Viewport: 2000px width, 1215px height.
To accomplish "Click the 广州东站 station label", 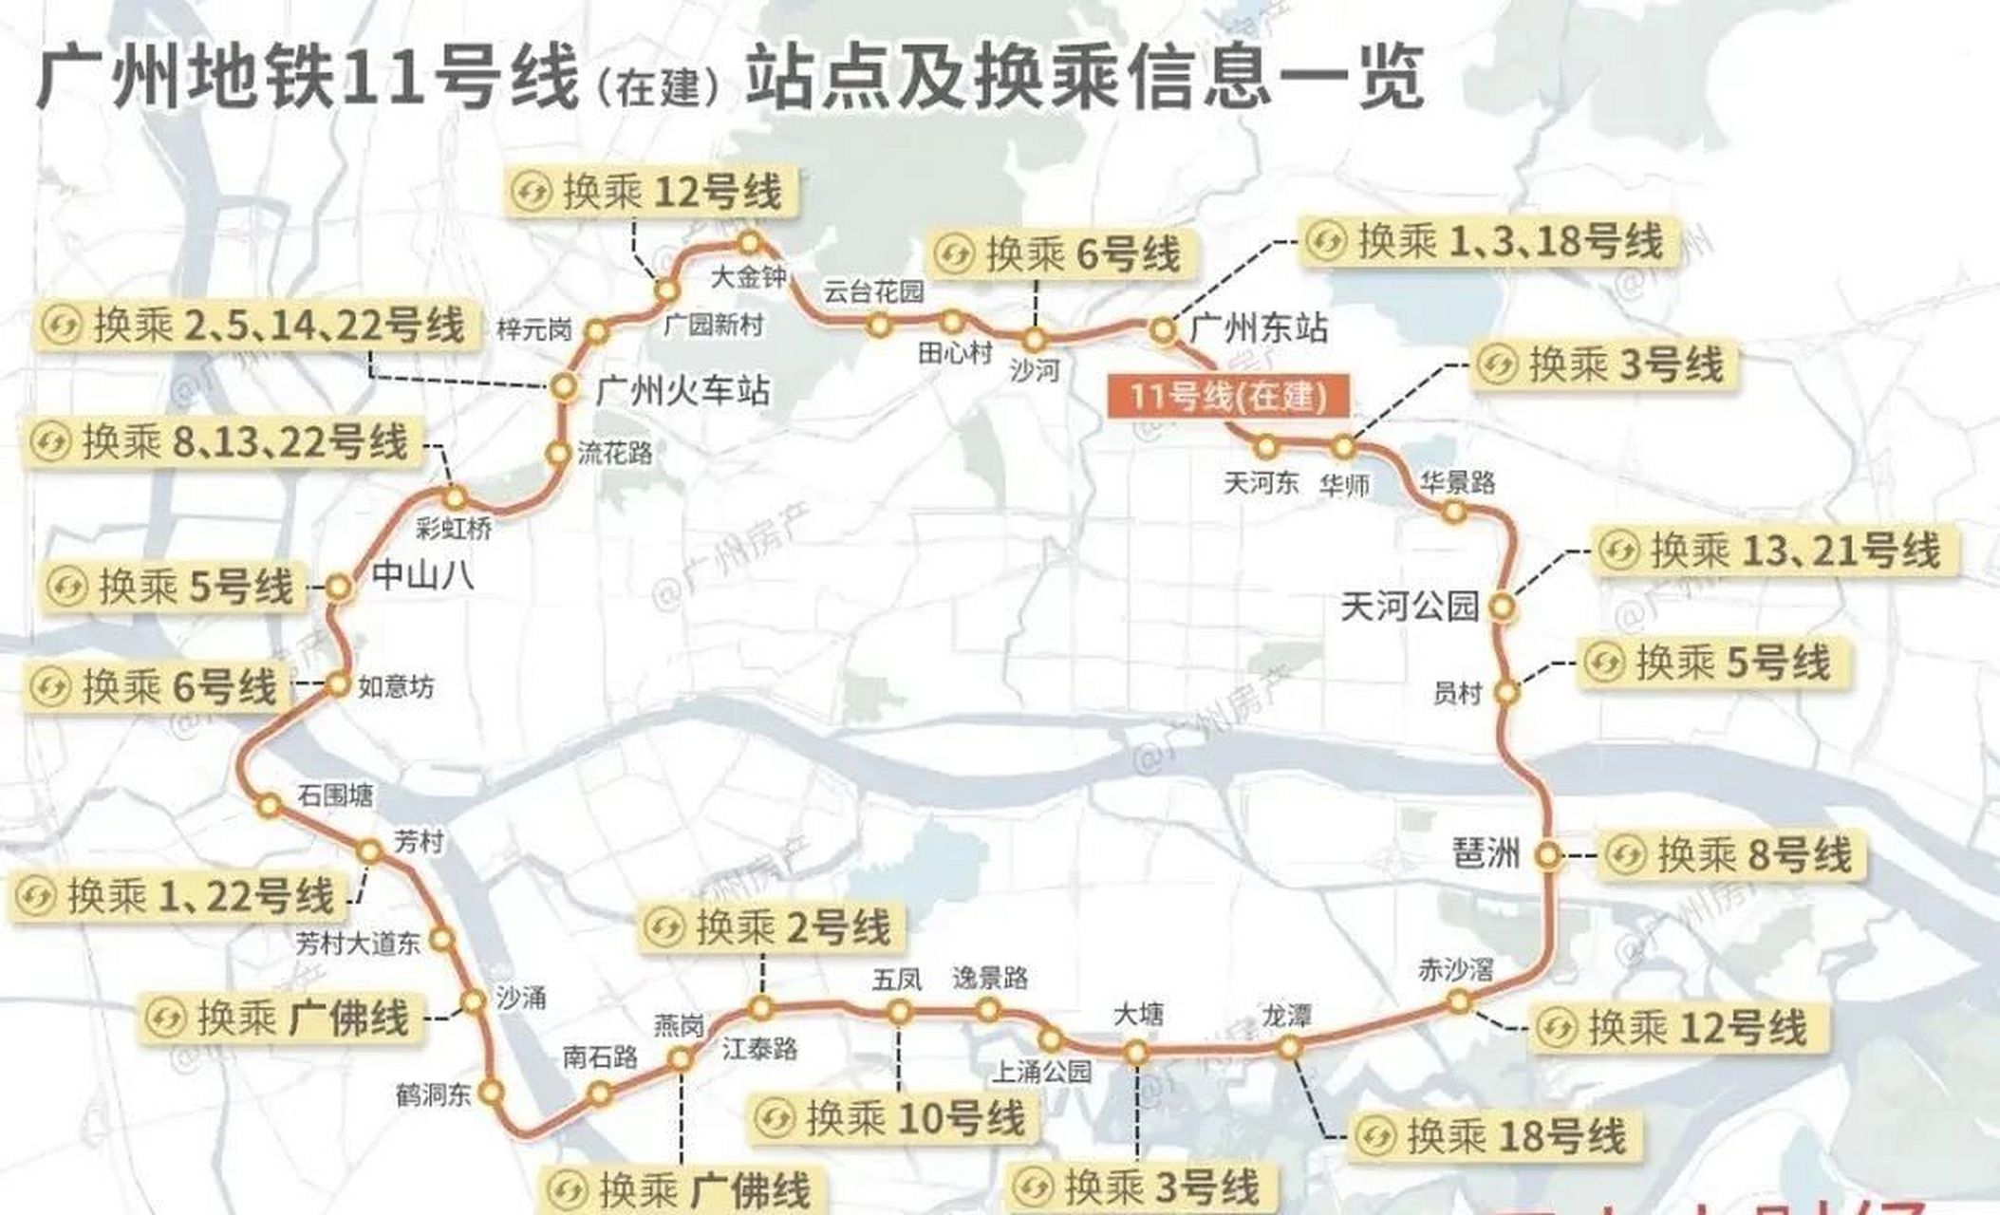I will pos(1259,329).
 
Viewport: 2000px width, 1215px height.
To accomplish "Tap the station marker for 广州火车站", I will pos(564,386).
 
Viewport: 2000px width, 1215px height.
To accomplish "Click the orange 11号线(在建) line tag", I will pos(1227,395).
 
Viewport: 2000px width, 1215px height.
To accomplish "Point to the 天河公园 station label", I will pos(1410,606).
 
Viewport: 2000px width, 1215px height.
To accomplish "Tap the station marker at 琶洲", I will pos(1547,855).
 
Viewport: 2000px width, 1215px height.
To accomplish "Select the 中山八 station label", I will pos(422,575).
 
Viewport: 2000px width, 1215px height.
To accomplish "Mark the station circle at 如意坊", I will pos(339,684).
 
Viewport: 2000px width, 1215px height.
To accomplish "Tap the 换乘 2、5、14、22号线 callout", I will pos(254,326).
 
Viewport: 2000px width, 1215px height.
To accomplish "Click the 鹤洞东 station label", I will pos(434,1094).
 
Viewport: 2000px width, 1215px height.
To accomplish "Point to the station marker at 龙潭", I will pos(1288,1048).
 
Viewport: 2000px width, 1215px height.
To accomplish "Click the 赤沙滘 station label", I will pos(1455,969).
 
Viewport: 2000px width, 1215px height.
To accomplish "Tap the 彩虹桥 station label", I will pos(455,529).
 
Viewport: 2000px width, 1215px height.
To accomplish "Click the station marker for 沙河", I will pos(1034,339).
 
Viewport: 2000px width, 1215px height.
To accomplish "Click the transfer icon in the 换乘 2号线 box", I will pos(664,927).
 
